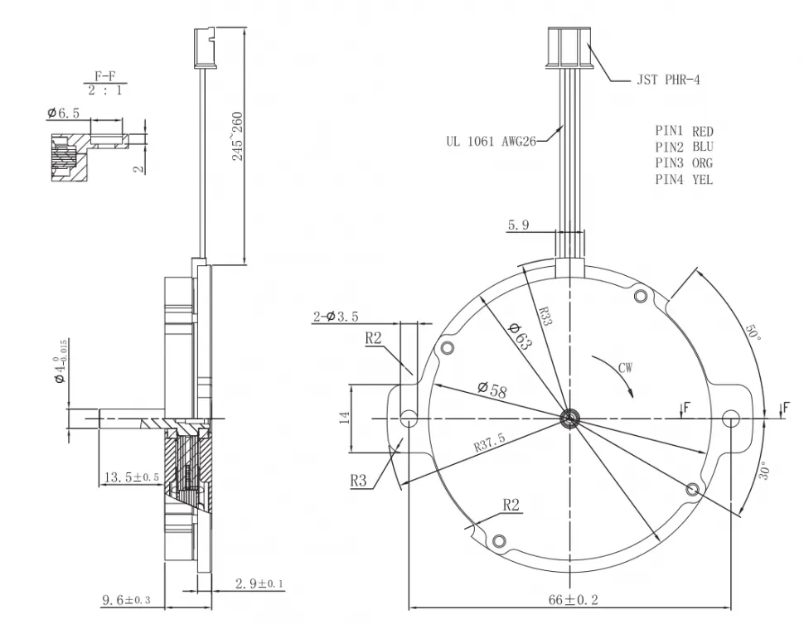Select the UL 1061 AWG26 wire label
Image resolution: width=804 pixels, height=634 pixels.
click(492, 141)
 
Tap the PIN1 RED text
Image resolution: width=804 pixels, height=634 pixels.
click(684, 131)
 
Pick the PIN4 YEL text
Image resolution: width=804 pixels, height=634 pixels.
click(684, 179)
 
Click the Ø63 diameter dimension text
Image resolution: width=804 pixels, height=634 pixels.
click(519, 335)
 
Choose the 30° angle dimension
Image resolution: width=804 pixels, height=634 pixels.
click(765, 472)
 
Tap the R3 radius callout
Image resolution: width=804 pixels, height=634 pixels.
click(359, 479)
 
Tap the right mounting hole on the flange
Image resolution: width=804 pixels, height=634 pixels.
click(731, 418)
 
